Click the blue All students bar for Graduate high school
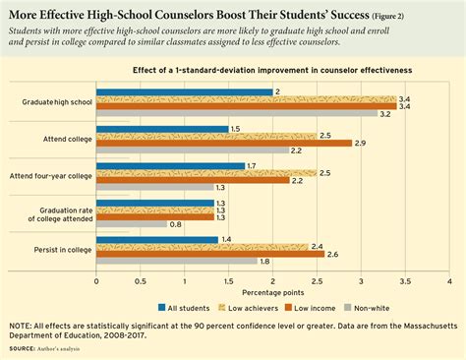coord(185,91)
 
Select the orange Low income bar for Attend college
coord(223,143)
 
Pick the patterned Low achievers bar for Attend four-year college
coord(205,172)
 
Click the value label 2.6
coord(331,254)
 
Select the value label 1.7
coord(252,165)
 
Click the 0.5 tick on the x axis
coord(141,278)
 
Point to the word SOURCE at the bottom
coord(25,349)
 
